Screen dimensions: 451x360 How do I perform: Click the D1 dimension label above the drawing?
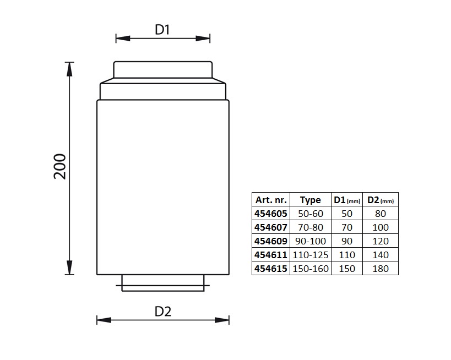pos(162,29)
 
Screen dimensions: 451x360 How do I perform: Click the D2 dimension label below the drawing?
pos(163,312)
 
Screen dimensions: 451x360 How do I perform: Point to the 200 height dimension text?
pos(60,167)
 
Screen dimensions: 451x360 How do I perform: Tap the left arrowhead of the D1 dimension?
pos(123,38)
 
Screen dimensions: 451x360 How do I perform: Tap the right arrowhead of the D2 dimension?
pos(222,320)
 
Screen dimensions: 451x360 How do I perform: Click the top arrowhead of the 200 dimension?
pos(69,69)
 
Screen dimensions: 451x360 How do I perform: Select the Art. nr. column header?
pos(271,200)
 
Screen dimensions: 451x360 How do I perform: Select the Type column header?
pos(311,200)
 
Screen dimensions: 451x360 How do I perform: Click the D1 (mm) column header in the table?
pos(347,200)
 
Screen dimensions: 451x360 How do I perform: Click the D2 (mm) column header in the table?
pos(381,200)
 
